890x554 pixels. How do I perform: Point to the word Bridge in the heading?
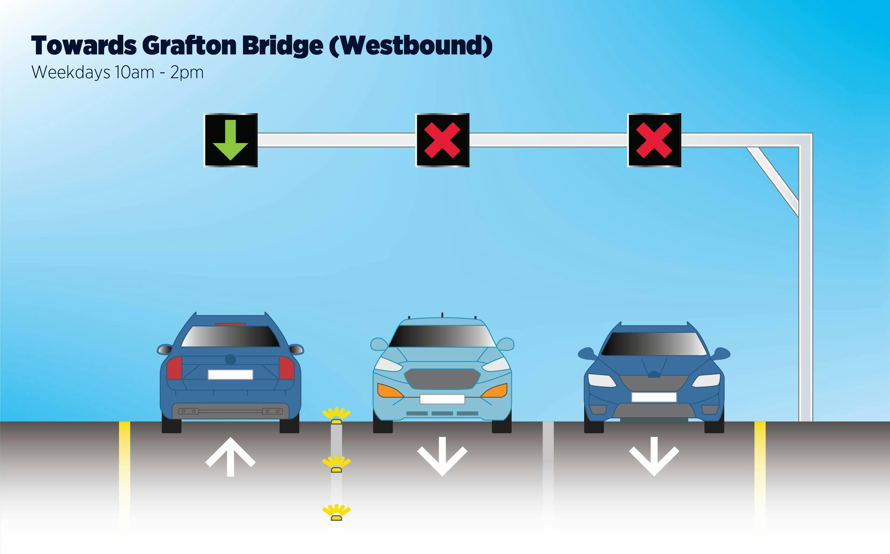click(x=282, y=46)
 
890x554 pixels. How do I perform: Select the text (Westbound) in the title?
click(x=411, y=46)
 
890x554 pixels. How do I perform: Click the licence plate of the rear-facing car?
click(x=230, y=375)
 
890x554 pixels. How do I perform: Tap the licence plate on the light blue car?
click(x=442, y=399)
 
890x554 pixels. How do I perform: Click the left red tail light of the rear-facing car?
click(x=174, y=368)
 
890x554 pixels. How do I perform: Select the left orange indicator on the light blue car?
click(x=389, y=391)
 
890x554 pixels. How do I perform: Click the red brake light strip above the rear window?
click(x=230, y=324)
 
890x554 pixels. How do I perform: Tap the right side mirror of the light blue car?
click(x=506, y=344)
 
